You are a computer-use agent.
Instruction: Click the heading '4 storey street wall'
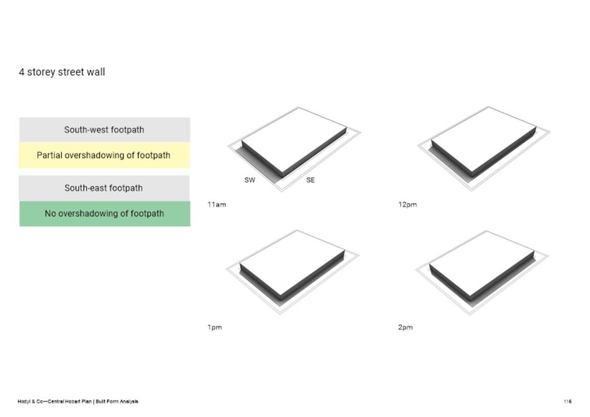61,72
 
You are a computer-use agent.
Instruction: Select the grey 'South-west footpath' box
105,130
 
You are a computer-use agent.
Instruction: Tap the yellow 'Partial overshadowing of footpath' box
104,155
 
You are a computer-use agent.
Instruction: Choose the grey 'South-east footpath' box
104,188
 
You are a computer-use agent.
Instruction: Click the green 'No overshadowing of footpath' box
105,213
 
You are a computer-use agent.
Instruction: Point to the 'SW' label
249,180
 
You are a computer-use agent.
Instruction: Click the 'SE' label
310,180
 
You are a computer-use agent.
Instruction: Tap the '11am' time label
217,204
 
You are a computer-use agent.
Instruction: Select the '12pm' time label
408,204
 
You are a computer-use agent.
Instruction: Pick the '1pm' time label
215,327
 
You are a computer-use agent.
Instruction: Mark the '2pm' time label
405,327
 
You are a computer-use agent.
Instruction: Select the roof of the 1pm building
292,262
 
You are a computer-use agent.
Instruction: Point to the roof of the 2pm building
481,262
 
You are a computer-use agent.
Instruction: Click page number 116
568,401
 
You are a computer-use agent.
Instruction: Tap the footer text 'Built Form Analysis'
117,401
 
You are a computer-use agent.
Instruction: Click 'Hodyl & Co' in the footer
30,401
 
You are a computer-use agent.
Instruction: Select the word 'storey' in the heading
41,72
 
